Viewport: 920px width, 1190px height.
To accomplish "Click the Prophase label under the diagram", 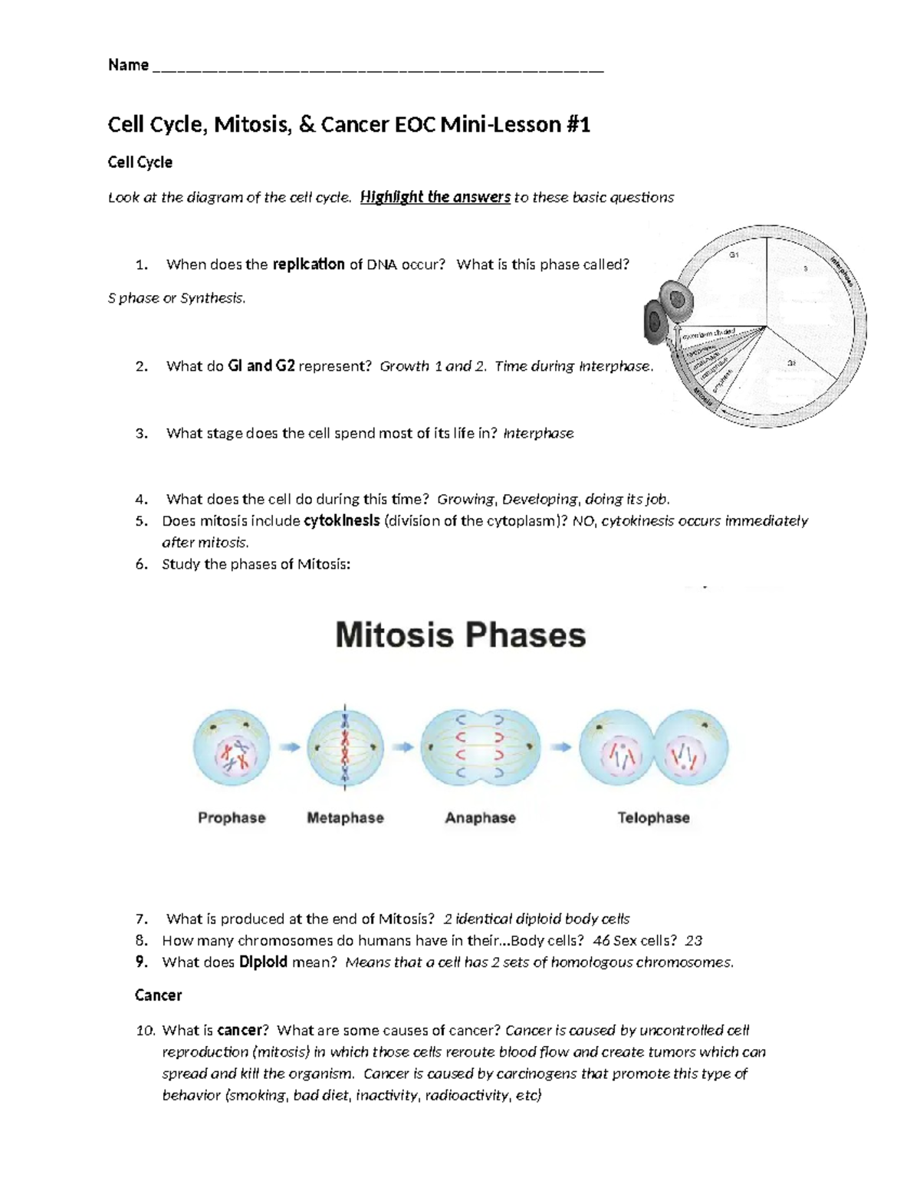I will click(232, 818).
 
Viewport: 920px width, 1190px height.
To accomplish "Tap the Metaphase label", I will click(345, 818).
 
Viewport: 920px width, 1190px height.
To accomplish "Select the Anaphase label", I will click(480, 818).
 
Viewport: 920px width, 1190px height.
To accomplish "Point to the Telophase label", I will click(653, 818).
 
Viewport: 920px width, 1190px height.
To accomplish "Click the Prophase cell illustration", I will click(232, 747).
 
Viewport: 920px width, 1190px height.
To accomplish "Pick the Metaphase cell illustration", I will click(345, 747).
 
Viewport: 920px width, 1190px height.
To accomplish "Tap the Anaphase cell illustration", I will click(481, 747).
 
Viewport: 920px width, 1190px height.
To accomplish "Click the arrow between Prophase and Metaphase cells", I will click(289, 747).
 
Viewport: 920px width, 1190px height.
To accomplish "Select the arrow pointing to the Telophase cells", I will click(561, 747).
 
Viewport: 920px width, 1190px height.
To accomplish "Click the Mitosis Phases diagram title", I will click(460, 635).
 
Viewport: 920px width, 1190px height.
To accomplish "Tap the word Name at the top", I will click(128, 65).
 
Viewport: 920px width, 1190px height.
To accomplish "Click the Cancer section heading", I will click(158, 995).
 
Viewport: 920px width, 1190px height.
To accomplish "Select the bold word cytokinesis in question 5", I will click(342, 521).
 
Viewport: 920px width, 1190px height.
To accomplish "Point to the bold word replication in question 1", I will click(308, 264).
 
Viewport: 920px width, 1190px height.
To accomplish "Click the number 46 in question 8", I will click(602, 940).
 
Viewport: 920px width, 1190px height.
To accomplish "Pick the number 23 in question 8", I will click(694, 940).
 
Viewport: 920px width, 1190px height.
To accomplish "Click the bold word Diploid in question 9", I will click(263, 962).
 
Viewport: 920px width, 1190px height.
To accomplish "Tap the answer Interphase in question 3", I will click(538, 433).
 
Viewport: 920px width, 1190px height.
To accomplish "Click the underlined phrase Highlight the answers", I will click(435, 197).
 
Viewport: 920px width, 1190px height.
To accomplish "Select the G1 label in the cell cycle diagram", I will click(734, 254).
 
